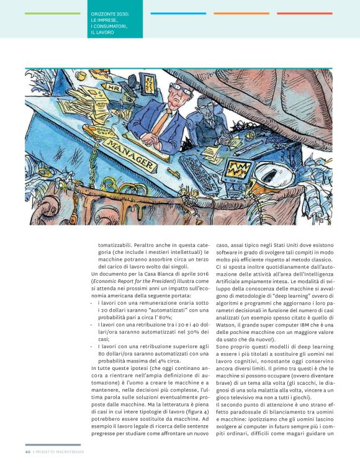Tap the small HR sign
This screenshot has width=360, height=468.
[114, 88]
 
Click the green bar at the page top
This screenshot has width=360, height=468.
[53, 13]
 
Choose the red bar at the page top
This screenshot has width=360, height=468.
[304, 13]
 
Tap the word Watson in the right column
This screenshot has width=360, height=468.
[226, 325]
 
